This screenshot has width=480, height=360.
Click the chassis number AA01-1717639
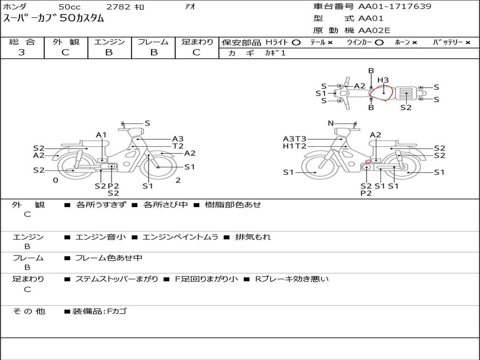coord(395,6)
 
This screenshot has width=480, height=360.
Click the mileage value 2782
coord(118,7)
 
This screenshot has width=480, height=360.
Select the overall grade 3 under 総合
coord(22,52)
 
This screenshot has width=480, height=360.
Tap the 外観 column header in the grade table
coord(66,42)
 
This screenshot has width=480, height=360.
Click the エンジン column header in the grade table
coord(109,42)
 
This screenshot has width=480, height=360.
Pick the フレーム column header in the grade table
coord(153,42)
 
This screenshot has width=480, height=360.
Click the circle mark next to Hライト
coord(296,43)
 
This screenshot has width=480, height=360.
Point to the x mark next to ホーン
coord(414,43)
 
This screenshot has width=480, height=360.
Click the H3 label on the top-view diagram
coord(383,80)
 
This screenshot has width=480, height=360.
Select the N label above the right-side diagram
coord(330,123)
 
